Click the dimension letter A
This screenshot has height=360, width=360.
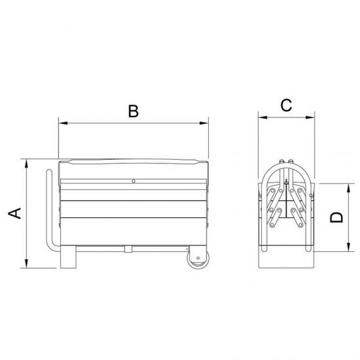coord(14,213)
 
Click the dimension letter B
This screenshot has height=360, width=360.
coord(134,111)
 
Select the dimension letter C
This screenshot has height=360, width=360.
coord(286,105)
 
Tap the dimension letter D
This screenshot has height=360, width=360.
coord(336,217)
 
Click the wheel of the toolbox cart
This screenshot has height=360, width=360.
coord(198,259)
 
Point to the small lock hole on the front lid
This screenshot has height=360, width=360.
coord(134,181)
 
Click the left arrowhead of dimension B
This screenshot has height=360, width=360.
coord(63,123)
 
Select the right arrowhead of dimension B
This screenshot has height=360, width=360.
coord(204,123)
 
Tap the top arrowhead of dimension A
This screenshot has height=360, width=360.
coord(27,164)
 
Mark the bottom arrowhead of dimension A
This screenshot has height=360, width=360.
coord(27,263)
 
